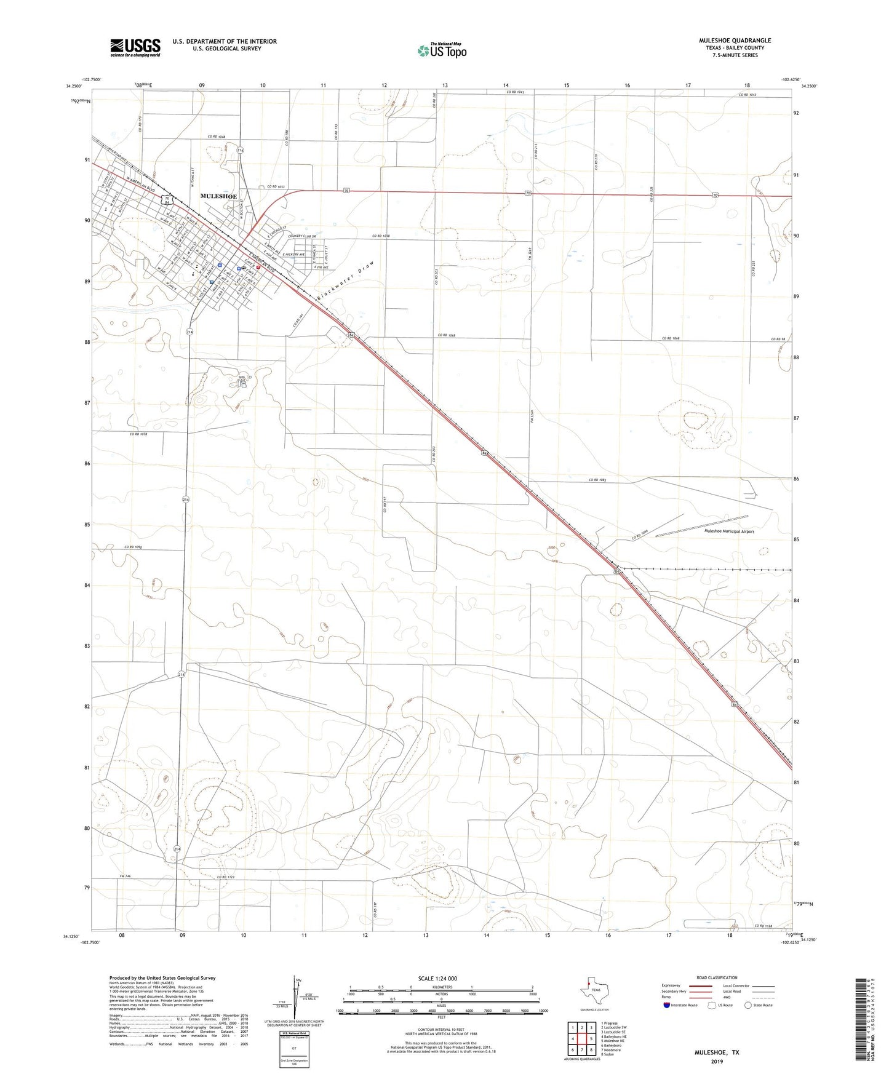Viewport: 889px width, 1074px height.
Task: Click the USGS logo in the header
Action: point(135,47)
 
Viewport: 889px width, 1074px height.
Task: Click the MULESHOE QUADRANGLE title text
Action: point(735,41)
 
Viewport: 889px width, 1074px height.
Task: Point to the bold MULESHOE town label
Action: point(218,196)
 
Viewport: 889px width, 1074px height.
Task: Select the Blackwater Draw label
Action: point(345,281)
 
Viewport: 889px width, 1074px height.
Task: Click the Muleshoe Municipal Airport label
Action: point(729,531)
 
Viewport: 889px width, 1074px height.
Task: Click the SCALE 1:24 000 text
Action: point(437,979)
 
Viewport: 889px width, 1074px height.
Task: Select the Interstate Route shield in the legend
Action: point(668,1006)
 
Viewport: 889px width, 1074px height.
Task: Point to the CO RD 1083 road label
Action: point(602,480)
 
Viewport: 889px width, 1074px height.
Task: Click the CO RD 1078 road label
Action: point(138,434)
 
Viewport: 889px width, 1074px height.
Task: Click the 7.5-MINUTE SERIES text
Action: point(735,55)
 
